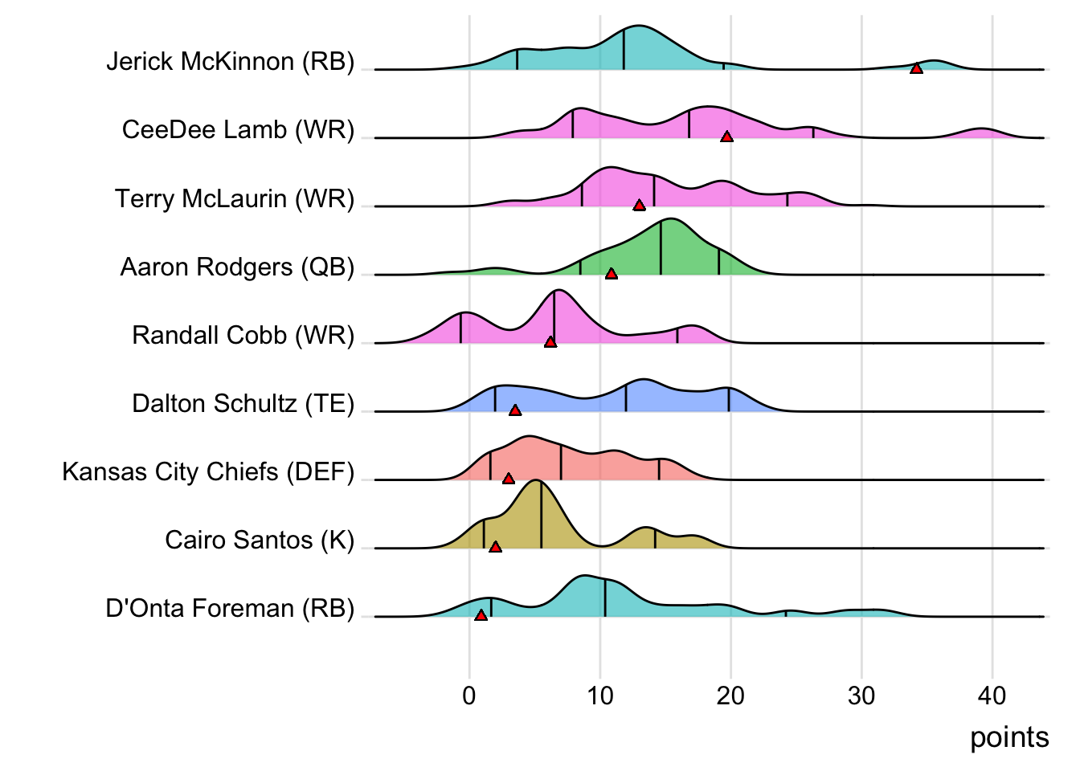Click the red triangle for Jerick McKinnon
(916, 68)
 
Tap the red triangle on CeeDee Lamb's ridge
(726, 137)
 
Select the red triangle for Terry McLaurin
(639, 206)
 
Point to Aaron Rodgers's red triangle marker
(611, 274)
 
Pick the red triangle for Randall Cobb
(550, 342)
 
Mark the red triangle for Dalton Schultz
(515, 410)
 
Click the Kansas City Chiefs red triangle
(508, 479)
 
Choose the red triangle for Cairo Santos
(495, 547)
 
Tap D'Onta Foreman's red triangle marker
(481, 615)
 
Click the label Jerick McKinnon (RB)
(230, 62)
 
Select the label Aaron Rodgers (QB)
(237, 267)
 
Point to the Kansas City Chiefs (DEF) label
(208, 471)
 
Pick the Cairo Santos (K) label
(260, 540)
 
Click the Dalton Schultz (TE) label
(243, 403)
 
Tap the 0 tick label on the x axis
(469, 696)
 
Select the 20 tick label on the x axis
(730, 696)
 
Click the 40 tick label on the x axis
(992, 696)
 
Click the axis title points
(1009, 737)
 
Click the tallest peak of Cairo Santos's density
(537, 482)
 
